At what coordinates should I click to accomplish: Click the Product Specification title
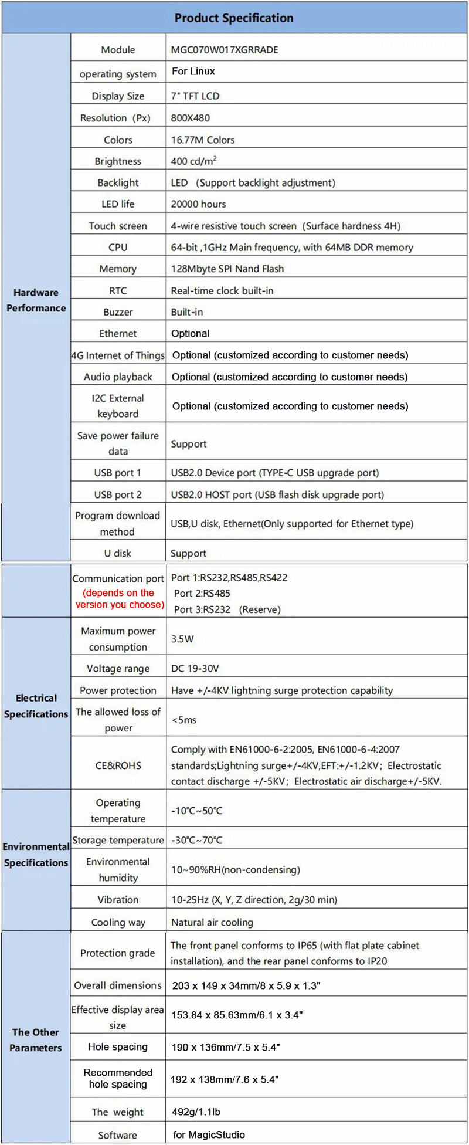[x=234, y=18]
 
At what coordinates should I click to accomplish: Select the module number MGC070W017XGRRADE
[x=225, y=50]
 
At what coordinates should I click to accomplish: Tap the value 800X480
[x=191, y=118]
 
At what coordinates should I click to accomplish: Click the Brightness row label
[x=118, y=161]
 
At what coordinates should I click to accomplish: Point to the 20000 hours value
[x=198, y=204]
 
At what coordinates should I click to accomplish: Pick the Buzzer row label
[x=118, y=312]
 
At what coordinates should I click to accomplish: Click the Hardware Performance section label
[x=36, y=300]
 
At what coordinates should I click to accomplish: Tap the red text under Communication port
[x=119, y=598]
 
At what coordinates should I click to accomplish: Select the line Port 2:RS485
[x=202, y=593]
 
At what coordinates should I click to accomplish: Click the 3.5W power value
[x=182, y=639]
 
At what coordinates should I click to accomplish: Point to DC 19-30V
[x=195, y=668]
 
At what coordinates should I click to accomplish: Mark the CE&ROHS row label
[x=118, y=765]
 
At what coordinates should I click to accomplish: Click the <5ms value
[x=183, y=720]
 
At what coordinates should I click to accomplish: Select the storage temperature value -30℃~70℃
[x=197, y=840]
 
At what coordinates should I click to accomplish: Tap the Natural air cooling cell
[x=212, y=922]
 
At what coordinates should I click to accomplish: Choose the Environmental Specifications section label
[x=36, y=855]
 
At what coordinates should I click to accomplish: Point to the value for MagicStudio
[x=209, y=1134]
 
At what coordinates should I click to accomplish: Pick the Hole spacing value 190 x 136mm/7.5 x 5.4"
[x=226, y=1047]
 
